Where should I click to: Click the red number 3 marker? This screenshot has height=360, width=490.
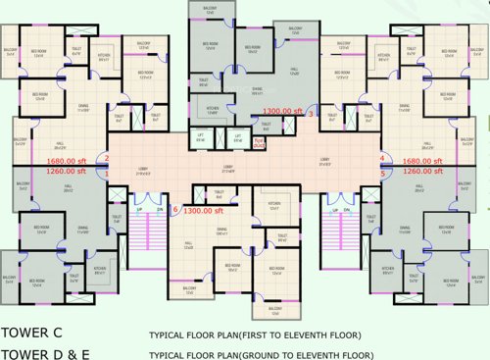coord(312,115)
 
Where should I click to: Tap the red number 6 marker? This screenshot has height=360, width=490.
coord(175,209)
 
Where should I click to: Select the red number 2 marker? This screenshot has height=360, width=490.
coord(108,159)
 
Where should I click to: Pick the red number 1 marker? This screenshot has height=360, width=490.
coord(108,173)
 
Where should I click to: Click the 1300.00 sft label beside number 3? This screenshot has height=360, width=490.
coord(282,111)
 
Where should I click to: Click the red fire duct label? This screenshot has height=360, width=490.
coord(260,141)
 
